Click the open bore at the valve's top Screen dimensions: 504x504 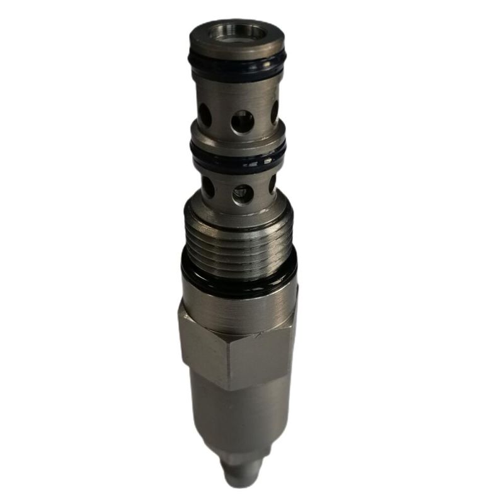click(236, 32)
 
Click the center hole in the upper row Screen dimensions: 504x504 click(242, 121)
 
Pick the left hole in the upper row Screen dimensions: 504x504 click(205, 115)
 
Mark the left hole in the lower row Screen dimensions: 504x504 click(207, 186)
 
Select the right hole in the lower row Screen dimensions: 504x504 click(272, 184)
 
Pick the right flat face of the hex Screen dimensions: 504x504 click(265, 353)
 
